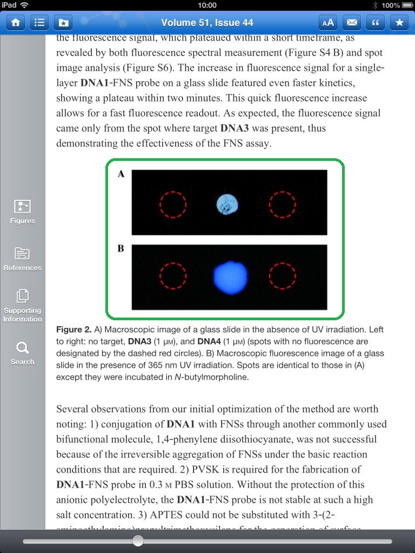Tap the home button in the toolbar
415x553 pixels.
coord(16,23)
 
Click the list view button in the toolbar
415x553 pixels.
coord(39,23)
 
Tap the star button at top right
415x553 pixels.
coord(399,23)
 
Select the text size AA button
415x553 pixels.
coord(327,23)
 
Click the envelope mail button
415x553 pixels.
coord(352,23)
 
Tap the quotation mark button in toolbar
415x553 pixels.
coord(376,23)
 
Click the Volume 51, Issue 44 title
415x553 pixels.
coord(207,23)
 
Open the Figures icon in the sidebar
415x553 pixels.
coord(22,211)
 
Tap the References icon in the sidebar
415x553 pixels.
coord(22,258)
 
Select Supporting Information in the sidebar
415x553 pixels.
coord(22,305)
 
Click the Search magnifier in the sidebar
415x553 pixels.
coord(22,352)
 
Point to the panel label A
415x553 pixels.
coord(121,174)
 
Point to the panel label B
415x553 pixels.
coord(121,248)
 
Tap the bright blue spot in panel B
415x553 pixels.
coord(231,276)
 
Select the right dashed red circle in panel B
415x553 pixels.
coord(282,276)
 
